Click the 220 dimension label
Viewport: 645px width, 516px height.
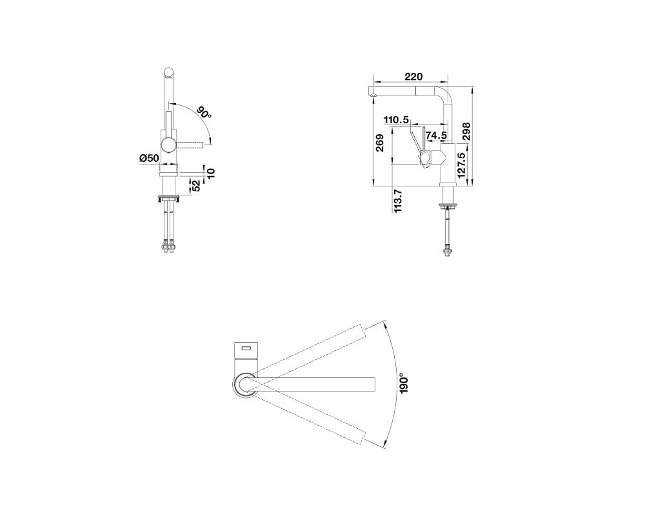point(414,77)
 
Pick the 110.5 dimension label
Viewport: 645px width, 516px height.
point(396,119)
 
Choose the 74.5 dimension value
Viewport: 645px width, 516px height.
point(436,135)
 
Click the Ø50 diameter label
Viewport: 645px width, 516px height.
point(148,158)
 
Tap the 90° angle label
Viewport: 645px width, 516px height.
point(204,114)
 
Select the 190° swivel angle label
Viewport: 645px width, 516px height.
point(404,383)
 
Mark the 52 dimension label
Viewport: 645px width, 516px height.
point(196,186)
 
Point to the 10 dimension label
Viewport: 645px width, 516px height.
point(211,172)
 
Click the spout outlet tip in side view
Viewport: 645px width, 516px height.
point(373,95)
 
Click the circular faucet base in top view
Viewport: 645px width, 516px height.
point(245,385)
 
